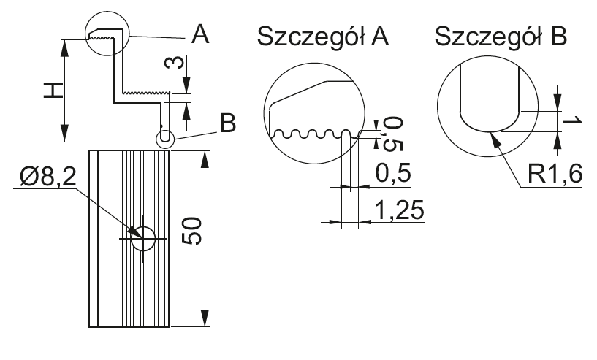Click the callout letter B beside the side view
[x=228, y=124]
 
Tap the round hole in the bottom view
[x=142, y=239]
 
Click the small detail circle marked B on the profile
[x=165, y=137]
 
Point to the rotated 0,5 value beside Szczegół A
[x=389, y=133]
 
